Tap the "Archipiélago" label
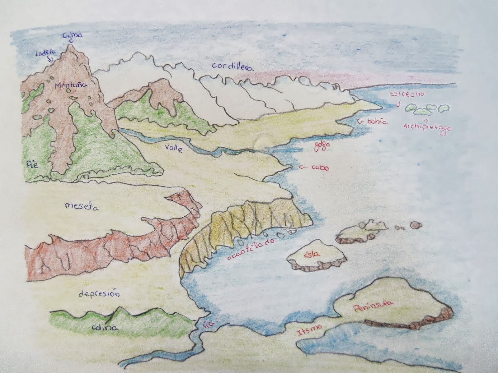(x=427, y=127)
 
